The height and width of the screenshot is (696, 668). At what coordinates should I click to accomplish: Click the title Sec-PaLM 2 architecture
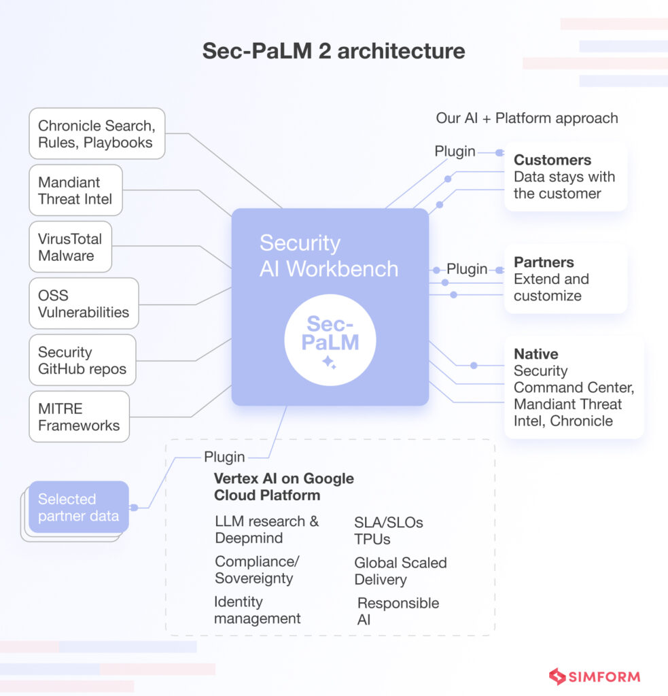tap(334, 52)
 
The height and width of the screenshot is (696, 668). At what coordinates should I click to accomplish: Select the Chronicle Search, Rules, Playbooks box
tap(96, 134)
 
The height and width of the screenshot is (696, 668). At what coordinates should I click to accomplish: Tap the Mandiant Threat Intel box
tap(75, 190)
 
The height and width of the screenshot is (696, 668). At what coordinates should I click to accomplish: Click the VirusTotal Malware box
tap(70, 247)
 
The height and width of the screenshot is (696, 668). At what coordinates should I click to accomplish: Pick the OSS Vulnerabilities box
tap(84, 304)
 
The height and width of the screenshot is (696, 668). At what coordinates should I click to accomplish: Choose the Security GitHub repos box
tap(82, 360)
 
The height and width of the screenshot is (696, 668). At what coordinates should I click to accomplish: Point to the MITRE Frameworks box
tap(79, 417)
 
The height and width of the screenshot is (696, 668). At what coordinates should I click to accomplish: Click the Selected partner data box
tap(78, 507)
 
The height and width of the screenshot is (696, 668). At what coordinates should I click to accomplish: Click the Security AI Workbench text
tap(329, 256)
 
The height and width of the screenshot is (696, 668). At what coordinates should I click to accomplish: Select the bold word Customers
tap(552, 160)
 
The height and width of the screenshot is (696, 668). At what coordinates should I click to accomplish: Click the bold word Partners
tap(544, 262)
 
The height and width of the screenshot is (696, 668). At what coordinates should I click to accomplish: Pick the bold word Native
tap(535, 354)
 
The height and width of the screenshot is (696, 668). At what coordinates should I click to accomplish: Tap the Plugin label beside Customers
tap(455, 152)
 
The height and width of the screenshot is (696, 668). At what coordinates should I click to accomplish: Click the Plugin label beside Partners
tap(467, 269)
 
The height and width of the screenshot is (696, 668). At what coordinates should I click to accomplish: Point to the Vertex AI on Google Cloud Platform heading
tap(284, 487)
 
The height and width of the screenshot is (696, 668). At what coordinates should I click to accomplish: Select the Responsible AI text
tap(398, 611)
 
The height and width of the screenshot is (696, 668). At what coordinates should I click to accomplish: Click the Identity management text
tap(257, 610)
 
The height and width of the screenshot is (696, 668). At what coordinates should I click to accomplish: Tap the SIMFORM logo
tap(594, 676)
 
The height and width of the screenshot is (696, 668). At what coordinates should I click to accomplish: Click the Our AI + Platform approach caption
tap(527, 118)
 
